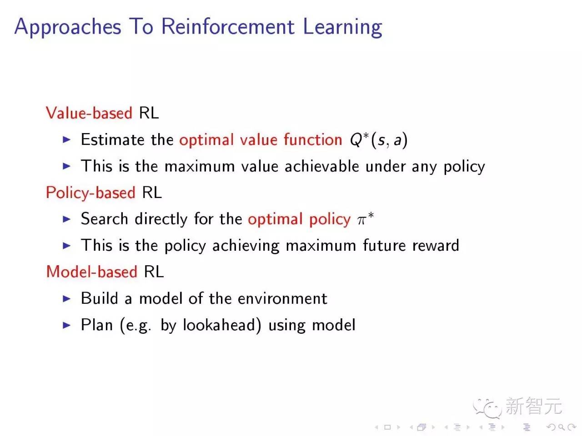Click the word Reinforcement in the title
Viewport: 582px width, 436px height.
pos(228,26)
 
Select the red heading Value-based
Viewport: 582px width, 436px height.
pos(89,113)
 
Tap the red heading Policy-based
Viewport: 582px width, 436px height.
pos(90,193)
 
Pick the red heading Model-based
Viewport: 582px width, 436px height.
pos(91,272)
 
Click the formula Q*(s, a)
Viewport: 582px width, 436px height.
pos(378,140)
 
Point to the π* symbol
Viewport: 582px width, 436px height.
pos(365,219)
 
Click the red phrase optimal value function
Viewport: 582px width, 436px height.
pos(261,139)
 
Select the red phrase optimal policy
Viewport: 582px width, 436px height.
pos(299,219)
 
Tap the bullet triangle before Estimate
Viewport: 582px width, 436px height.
pos(67,139)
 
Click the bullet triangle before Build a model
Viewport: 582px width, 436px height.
pos(67,298)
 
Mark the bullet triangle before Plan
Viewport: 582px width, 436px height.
pos(67,325)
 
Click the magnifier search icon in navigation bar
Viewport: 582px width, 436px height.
pos(562,427)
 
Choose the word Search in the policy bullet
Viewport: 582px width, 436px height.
pos(104,219)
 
